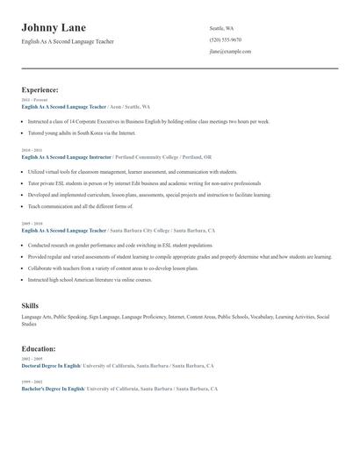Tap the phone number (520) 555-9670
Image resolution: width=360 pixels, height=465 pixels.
tap(226, 39)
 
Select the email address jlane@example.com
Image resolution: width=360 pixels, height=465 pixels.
tap(230, 51)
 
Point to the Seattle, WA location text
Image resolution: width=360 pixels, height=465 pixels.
tap(222, 28)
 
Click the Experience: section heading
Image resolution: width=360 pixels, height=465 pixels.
tap(40, 89)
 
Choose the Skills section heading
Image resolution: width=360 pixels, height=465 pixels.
tap(30, 305)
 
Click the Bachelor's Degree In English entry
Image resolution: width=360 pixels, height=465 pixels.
tap(53, 388)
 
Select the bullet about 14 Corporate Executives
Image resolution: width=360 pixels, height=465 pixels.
tap(148, 121)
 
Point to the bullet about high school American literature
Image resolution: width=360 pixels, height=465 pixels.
tap(90, 279)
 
